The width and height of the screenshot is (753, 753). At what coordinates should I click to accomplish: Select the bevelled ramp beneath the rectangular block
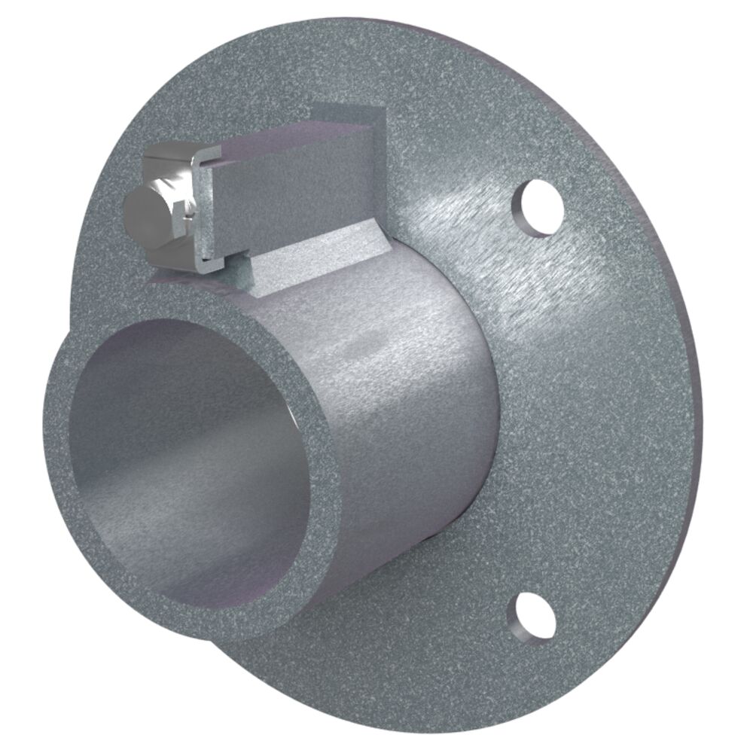[316, 260]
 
